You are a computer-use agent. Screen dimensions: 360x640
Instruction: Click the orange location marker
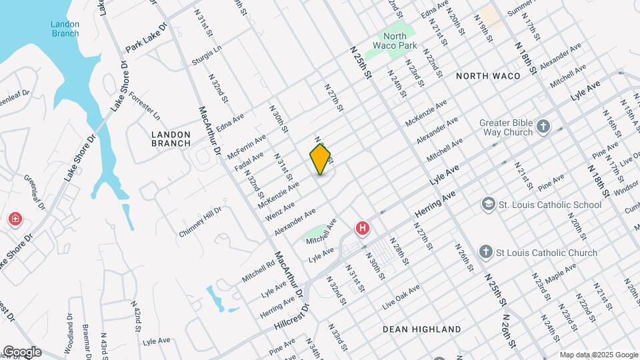click(x=320, y=159)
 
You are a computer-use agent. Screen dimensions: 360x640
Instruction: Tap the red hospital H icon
click(x=363, y=229)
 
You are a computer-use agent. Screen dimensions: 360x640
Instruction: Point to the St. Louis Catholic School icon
click(x=489, y=203)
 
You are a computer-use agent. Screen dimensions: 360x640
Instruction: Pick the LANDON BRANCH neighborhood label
click(x=171, y=139)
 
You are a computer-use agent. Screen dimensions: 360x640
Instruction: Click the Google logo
click(x=21, y=351)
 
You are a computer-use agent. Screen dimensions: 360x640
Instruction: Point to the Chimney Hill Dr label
click(x=199, y=222)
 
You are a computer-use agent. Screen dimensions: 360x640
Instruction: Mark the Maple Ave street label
click(x=560, y=273)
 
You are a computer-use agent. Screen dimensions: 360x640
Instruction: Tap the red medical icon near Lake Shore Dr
click(x=15, y=219)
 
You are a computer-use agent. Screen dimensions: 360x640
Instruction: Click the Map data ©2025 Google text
click(x=598, y=355)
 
